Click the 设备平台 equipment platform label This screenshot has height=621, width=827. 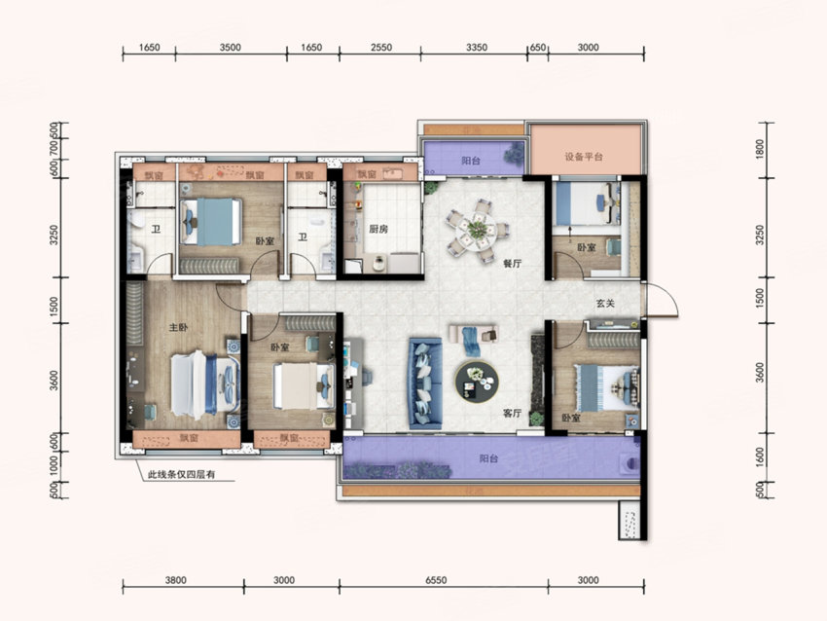click(584, 157)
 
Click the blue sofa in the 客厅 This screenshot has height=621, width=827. click(425, 383)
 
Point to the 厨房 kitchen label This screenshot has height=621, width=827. click(378, 229)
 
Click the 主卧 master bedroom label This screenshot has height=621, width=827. click(178, 327)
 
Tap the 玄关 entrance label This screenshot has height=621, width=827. click(605, 304)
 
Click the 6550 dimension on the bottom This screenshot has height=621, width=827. click(436, 580)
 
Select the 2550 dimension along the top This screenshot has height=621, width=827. click(380, 48)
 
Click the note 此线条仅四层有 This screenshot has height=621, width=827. click(181, 474)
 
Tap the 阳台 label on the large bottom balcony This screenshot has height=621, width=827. click(489, 458)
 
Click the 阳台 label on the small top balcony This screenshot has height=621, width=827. click(471, 161)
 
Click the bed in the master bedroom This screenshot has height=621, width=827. click(204, 384)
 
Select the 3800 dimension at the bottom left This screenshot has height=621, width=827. click(176, 580)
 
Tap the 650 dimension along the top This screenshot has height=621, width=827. click(537, 48)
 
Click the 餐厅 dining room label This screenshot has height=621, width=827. click(512, 264)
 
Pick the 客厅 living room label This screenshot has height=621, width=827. click(512, 414)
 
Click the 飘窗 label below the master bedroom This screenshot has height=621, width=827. click(189, 438)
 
